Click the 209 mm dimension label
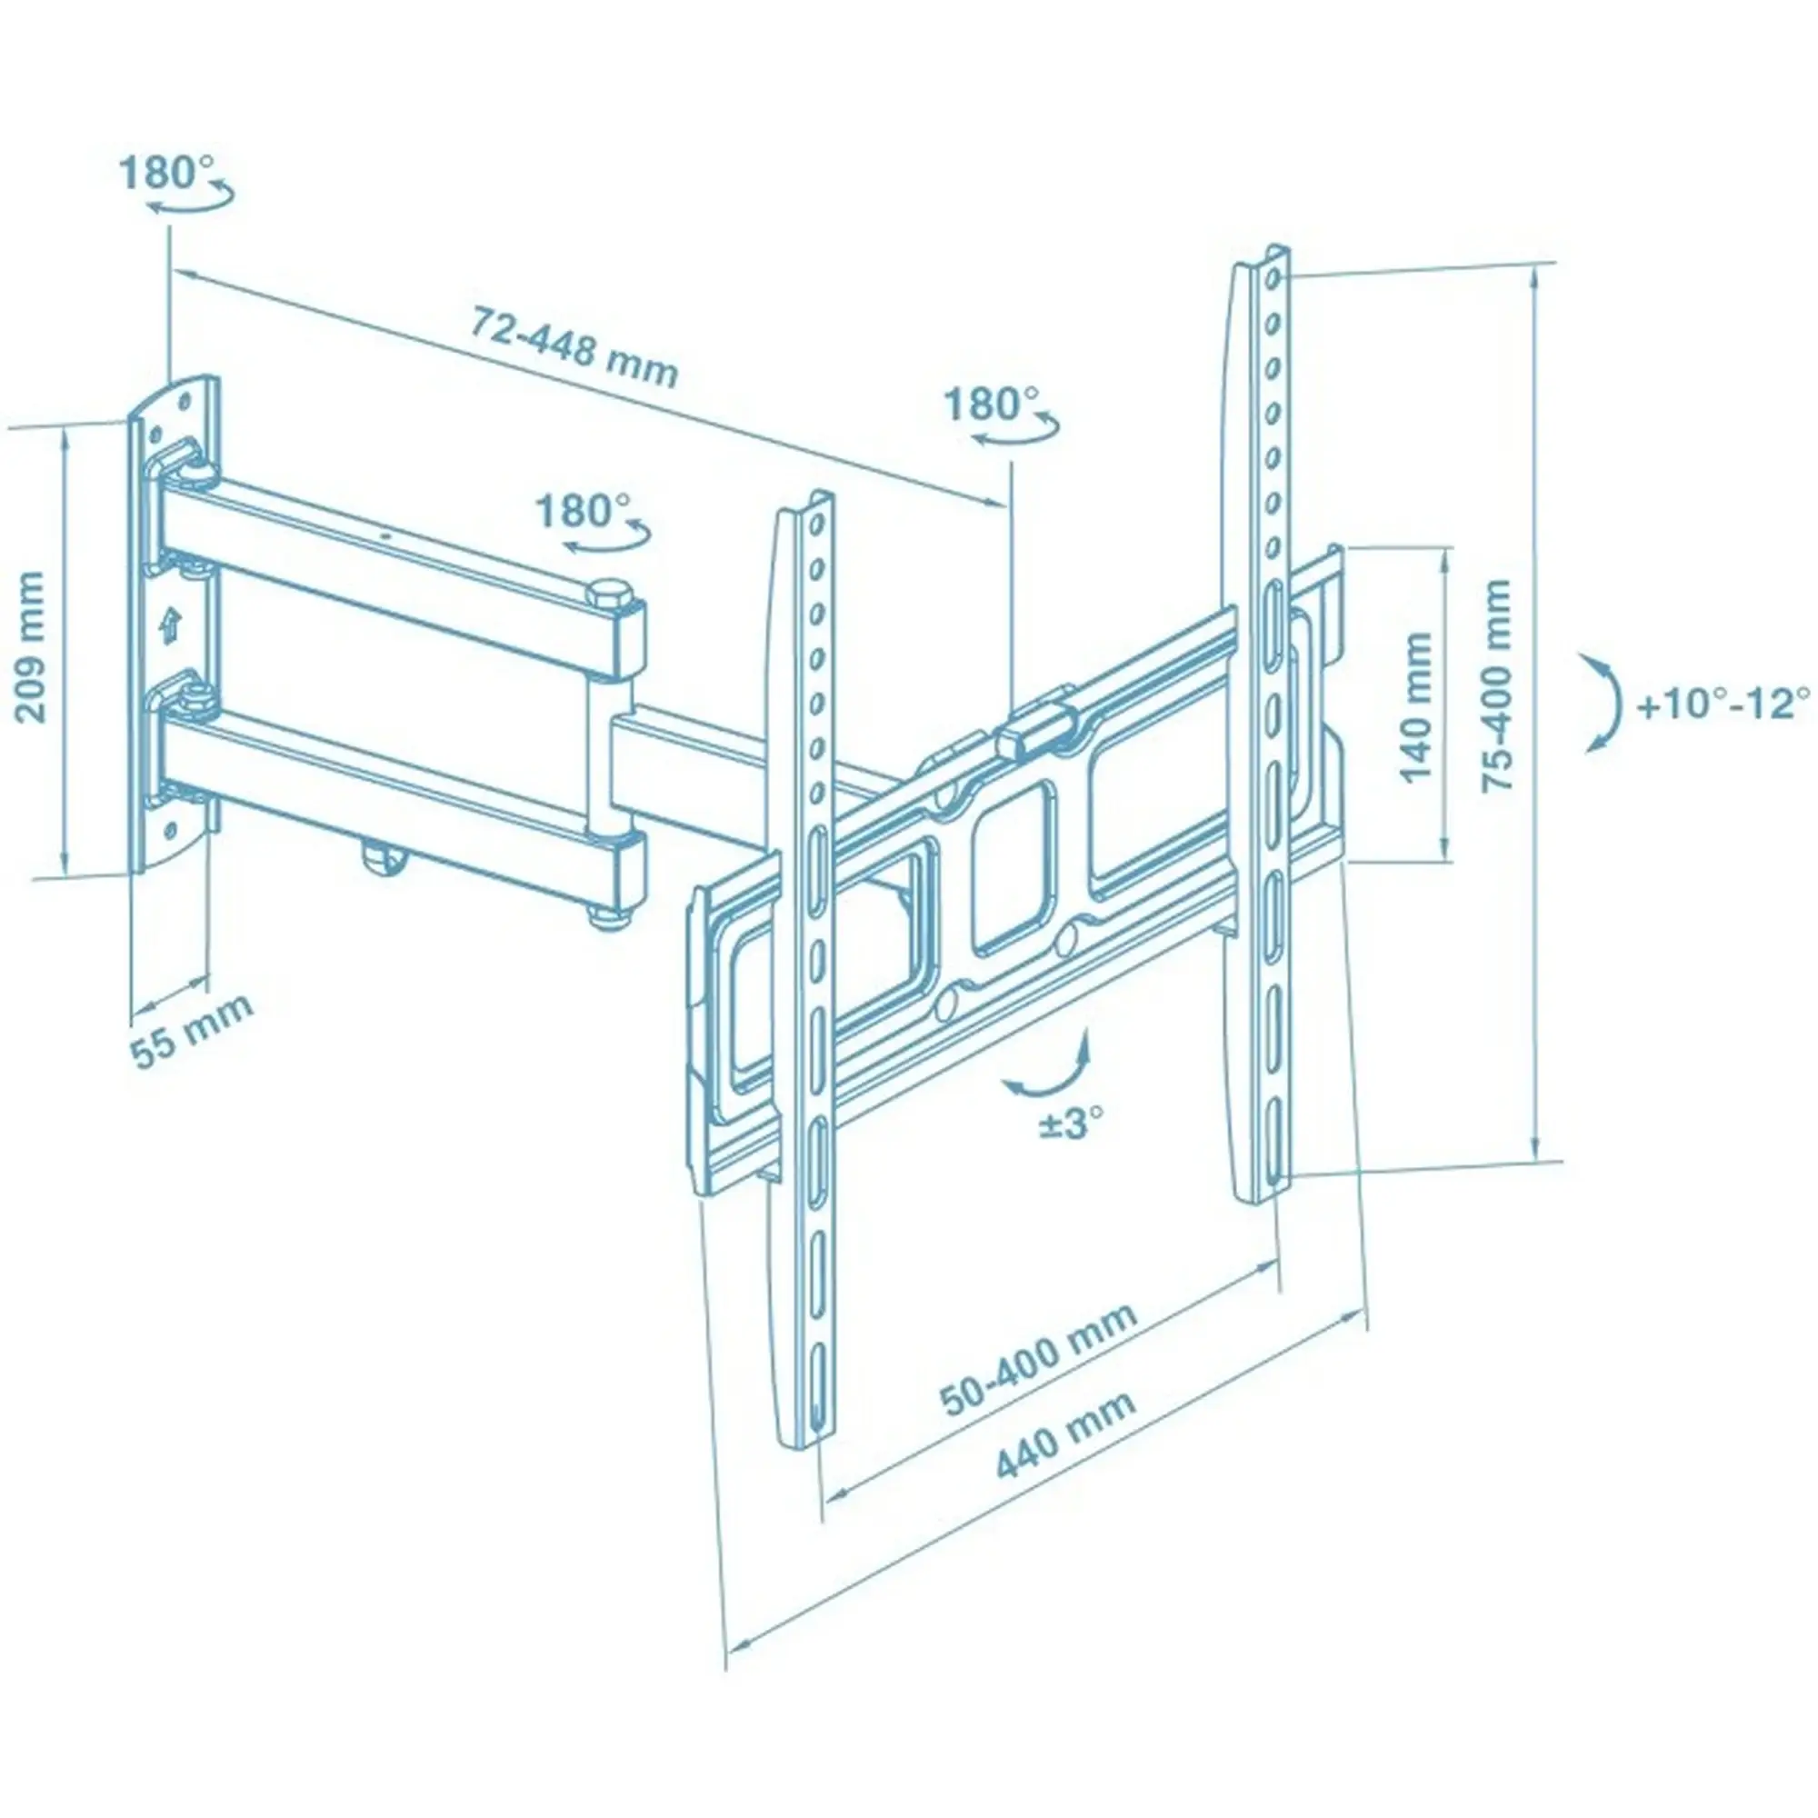tap(31, 647)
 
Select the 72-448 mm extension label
tap(574, 347)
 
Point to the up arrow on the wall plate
tap(168, 624)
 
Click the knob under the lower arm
tap(383, 857)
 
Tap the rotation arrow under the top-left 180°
tap(189, 204)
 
